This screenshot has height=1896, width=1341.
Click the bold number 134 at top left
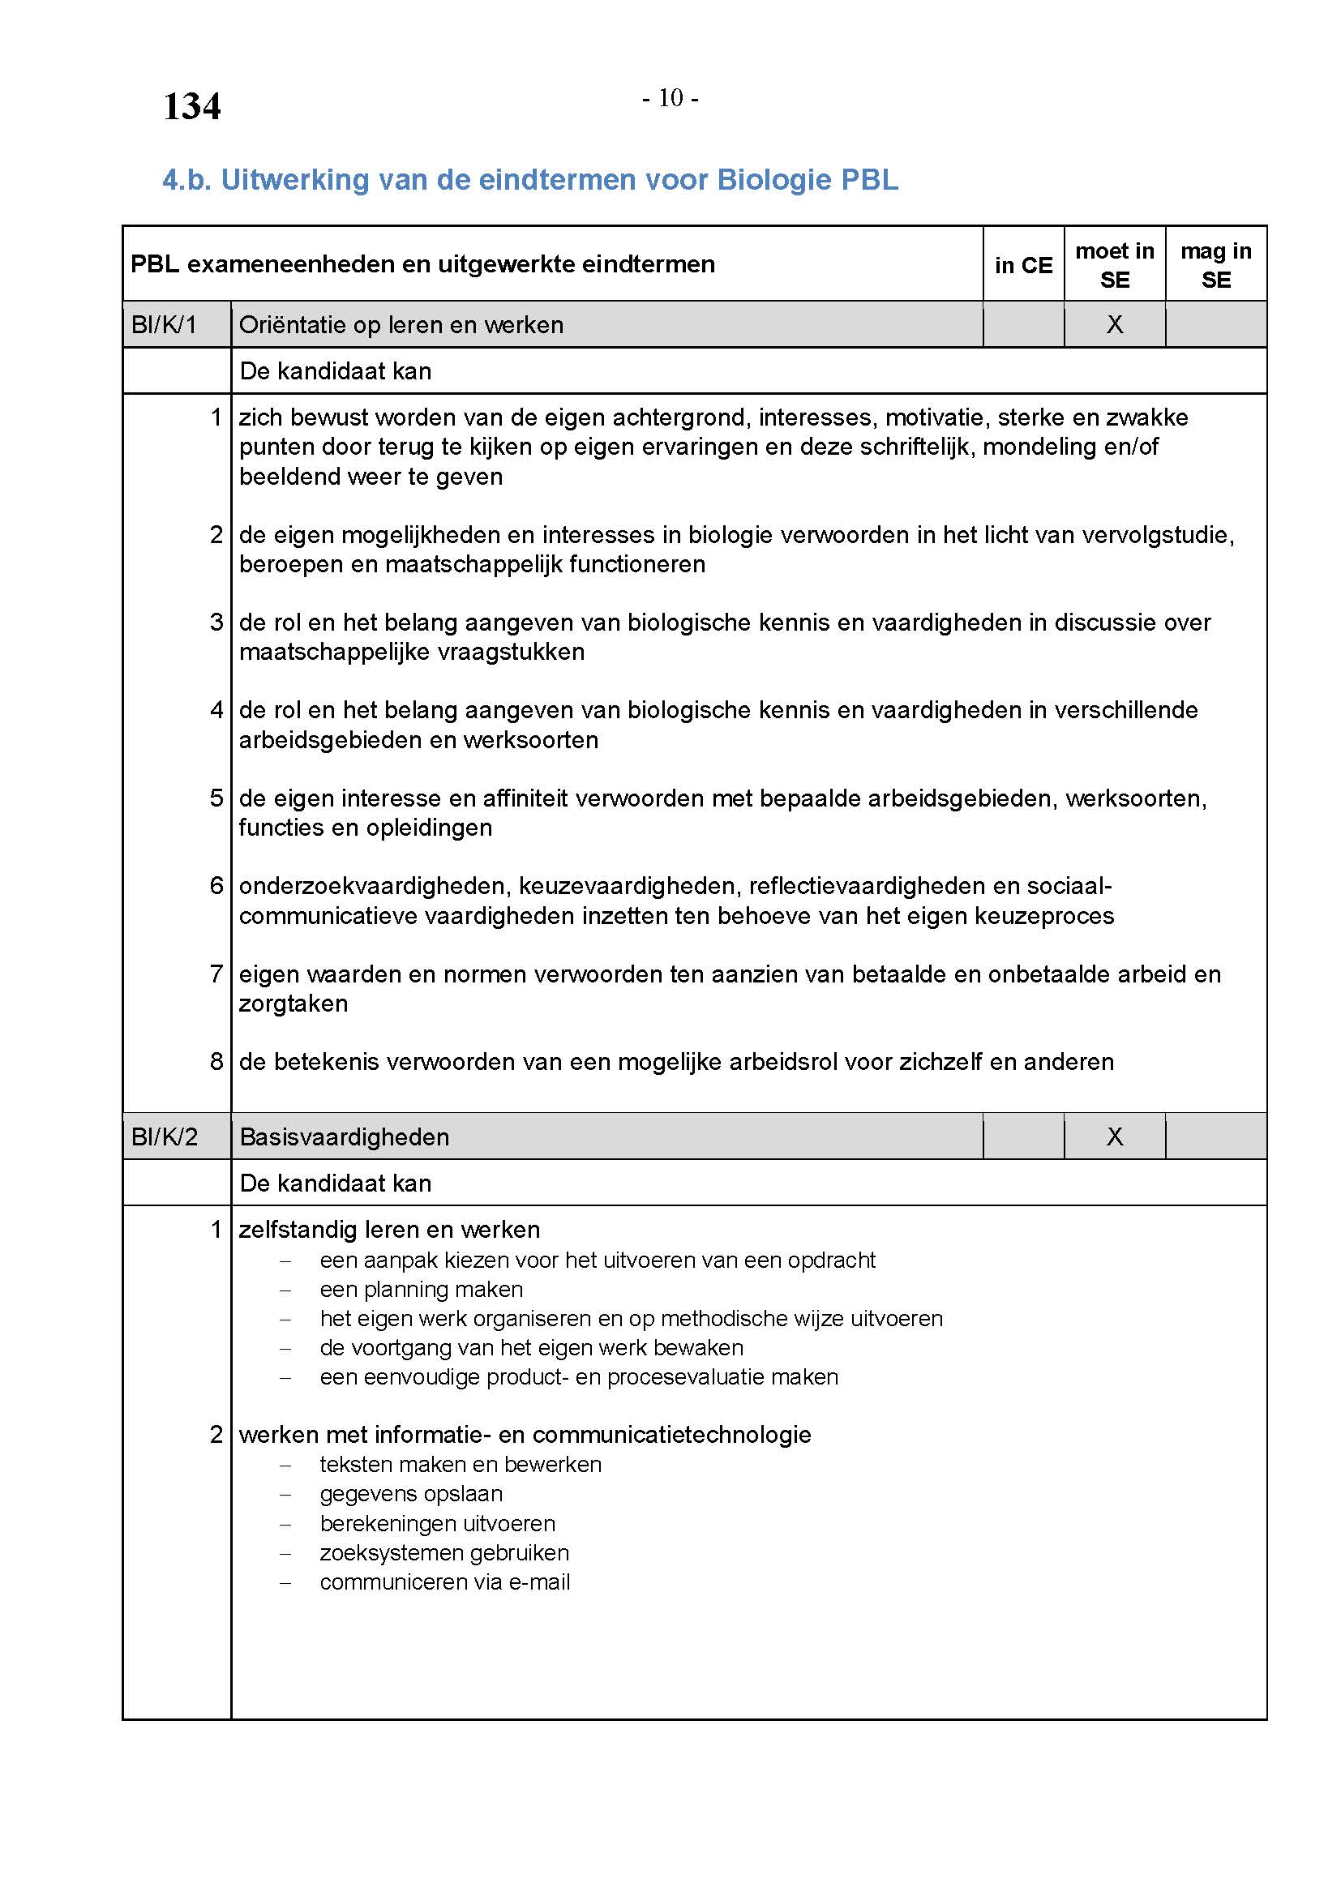click(191, 106)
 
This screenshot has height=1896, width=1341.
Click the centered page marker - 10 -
click(670, 98)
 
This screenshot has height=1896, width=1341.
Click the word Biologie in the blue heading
click(773, 179)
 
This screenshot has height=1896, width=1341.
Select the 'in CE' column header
click(1023, 265)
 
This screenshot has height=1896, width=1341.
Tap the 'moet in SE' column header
click(1114, 265)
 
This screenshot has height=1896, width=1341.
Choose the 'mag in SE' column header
click(1215, 265)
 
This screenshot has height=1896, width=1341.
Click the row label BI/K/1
click(164, 324)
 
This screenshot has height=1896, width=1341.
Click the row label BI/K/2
click(165, 1137)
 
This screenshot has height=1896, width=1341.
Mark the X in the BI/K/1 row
click(1114, 324)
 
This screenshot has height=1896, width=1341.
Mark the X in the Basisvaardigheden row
click(1114, 1137)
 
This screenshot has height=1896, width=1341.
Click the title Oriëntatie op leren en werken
click(401, 324)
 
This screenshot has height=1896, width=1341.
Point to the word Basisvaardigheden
click(345, 1137)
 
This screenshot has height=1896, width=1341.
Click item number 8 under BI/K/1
click(216, 1061)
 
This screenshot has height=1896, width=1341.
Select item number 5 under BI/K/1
click(216, 798)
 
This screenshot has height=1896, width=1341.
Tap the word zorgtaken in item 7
click(293, 1004)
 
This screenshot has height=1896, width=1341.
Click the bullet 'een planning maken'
click(421, 1289)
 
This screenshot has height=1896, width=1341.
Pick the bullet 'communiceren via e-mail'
click(445, 1581)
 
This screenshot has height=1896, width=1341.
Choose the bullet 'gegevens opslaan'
click(411, 1493)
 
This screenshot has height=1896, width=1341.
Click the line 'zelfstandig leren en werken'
click(389, 1230)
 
